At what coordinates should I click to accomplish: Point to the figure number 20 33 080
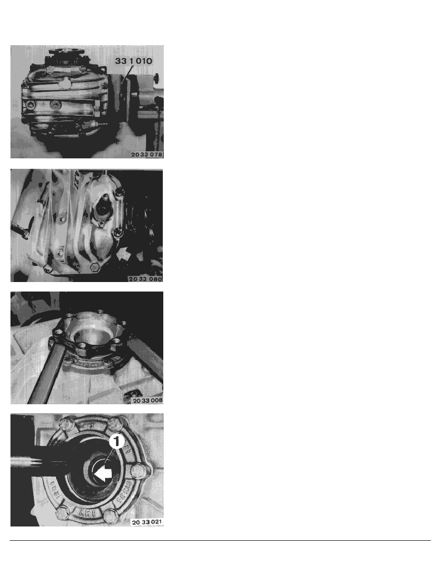coord(145,278)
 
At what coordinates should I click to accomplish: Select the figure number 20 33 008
coord(145,400)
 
